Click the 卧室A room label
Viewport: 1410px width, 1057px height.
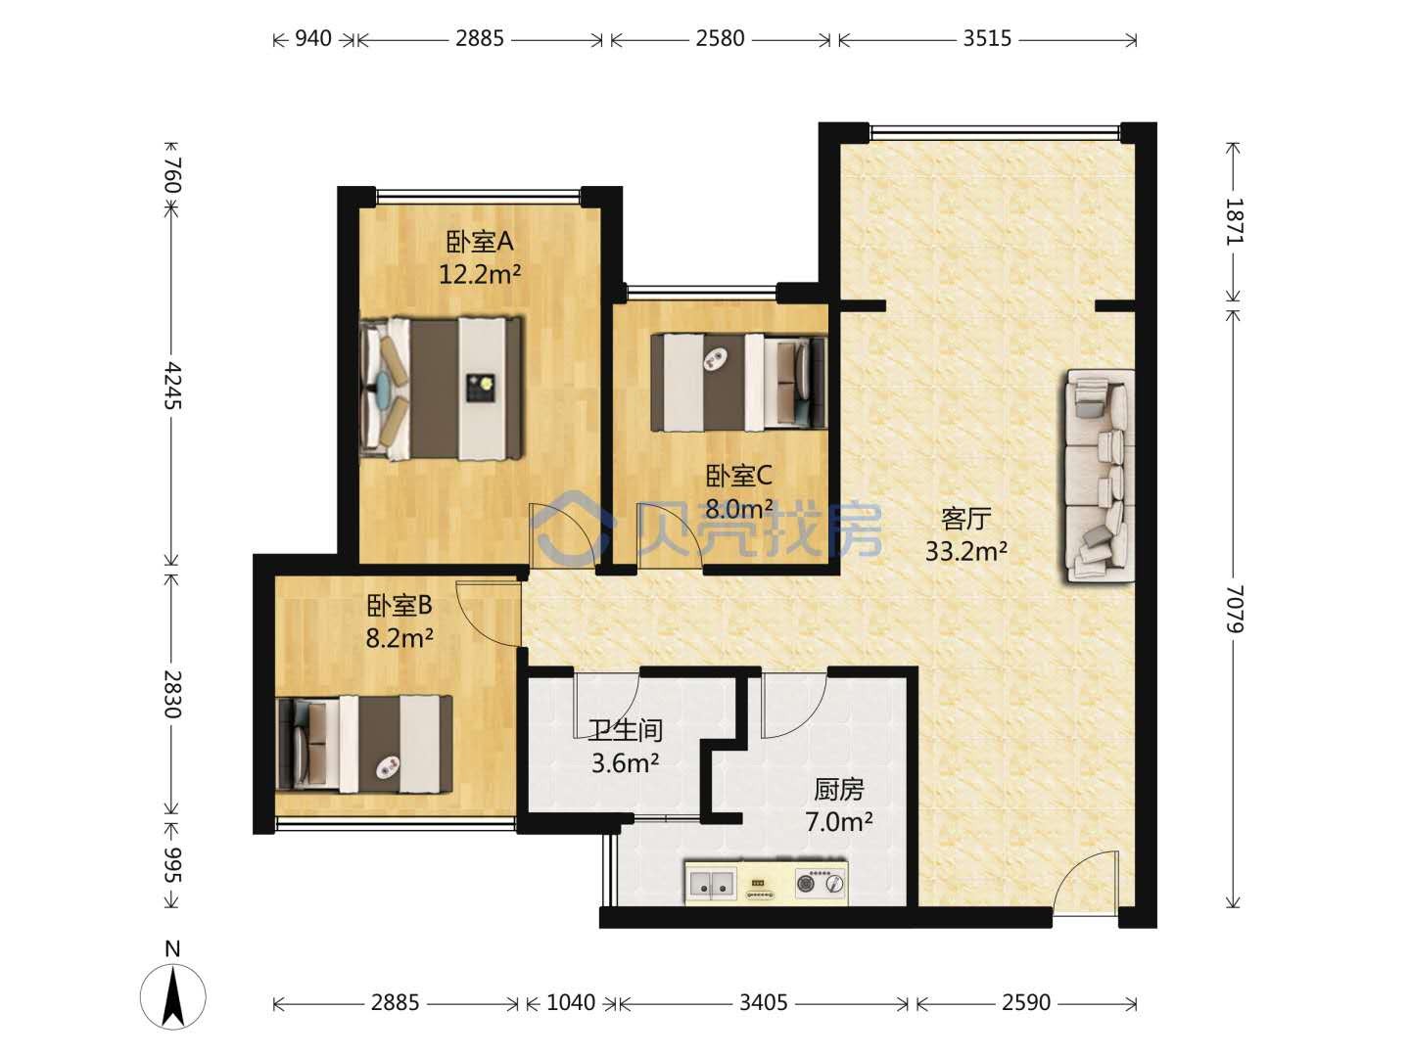click(479, 242)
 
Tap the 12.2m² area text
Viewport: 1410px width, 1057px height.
click(479, 275)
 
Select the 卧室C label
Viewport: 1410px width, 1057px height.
click(738, 476)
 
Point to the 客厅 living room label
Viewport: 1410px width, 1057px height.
click(966, 519)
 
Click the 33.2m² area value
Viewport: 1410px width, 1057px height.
click(966, 551)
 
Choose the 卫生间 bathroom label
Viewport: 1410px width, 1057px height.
click(625, 730)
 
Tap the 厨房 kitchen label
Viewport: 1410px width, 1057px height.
click(838, 790)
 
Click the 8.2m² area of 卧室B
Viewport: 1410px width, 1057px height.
click(399, 638)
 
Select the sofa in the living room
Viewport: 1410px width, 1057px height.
click(1099, 476)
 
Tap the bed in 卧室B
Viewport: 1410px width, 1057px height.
click(363, 745)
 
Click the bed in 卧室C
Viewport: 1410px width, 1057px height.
click(738, 382)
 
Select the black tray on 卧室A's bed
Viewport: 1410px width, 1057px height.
click(482, 389)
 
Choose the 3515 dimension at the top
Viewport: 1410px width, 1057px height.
click(987, 38)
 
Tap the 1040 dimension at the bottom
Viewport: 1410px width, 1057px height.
click(571, 1002)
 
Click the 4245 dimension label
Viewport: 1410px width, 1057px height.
click(172, 385)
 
